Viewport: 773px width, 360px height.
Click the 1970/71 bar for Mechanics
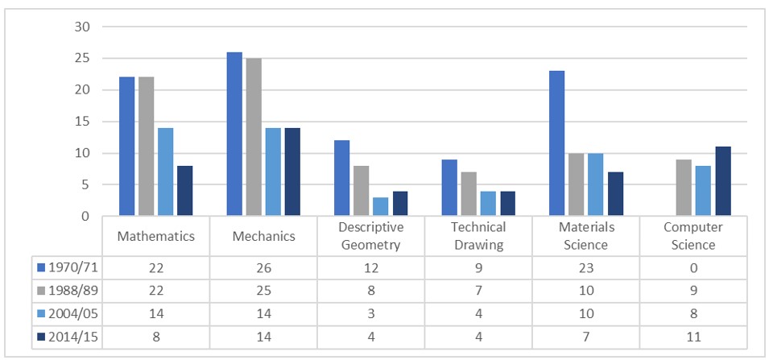pos(234,134)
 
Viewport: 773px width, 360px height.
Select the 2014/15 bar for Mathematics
pos(184,191)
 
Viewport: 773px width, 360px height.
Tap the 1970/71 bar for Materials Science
pos(557,143)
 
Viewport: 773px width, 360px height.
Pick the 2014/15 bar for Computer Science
pos(722,181)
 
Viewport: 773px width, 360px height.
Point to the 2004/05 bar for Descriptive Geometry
pos(380,206)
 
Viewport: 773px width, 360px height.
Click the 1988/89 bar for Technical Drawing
pos(469,194)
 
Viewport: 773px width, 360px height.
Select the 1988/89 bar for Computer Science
pos(684,188)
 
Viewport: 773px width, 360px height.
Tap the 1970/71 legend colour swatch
pos(42,267)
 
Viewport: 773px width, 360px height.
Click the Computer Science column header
pos(692,236)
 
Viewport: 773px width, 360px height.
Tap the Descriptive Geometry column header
pos(371,236)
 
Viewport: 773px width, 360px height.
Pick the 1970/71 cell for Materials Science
pos(585,267)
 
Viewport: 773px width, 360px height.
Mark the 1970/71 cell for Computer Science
pos(692,267)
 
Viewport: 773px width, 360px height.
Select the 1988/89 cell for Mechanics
pos(263,289)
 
